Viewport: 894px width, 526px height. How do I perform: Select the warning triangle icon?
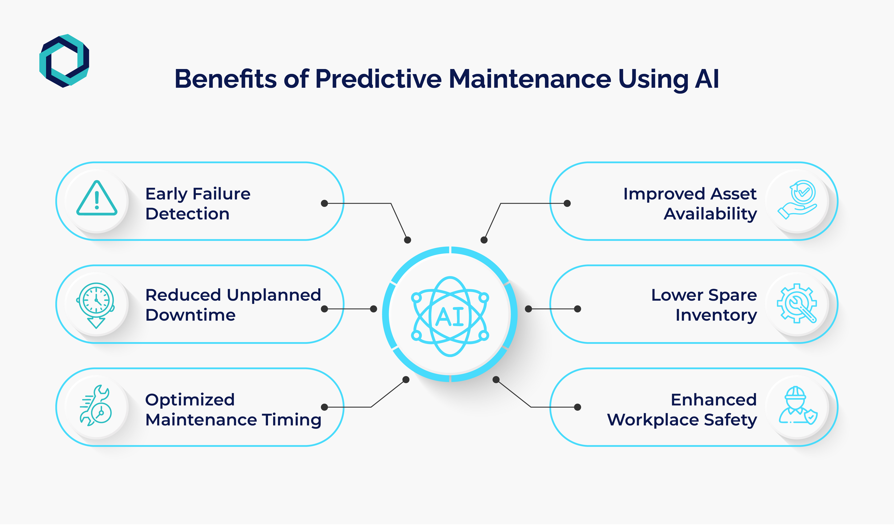97,199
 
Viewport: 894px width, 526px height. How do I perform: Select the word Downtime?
191,315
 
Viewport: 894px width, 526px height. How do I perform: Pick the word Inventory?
716,315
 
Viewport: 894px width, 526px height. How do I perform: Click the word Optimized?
190,400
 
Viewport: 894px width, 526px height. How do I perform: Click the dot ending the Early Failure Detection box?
324,203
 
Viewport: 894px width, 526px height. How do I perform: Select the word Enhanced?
714,400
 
